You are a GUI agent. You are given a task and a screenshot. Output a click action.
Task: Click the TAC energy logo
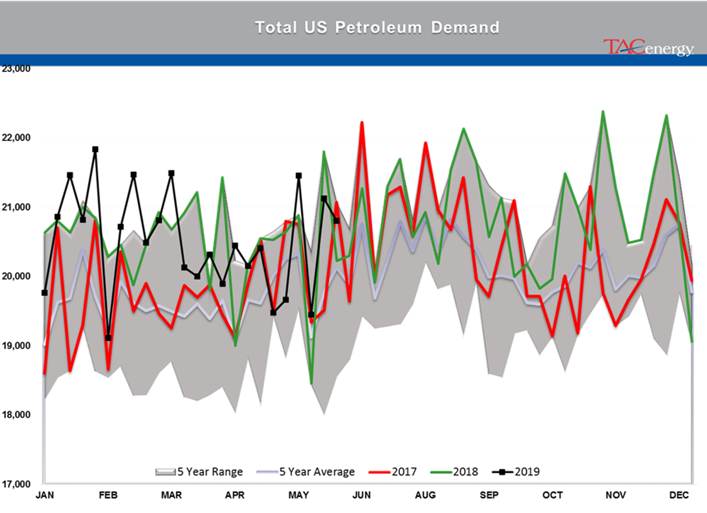[648, 48]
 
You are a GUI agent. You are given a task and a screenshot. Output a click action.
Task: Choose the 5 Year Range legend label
[210, 472]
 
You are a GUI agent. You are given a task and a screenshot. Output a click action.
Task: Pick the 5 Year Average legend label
[317, 472]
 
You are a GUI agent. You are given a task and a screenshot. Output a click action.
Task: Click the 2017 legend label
[404, 472]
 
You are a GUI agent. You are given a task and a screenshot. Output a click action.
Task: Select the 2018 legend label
[465, 472]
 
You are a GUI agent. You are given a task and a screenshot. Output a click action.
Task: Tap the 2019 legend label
[527, 472]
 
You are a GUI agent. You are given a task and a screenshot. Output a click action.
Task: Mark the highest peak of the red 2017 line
[362, 121]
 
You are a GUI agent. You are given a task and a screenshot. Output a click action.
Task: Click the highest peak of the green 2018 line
[603, 111]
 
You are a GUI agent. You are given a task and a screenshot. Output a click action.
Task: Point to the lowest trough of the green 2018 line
[311, 383]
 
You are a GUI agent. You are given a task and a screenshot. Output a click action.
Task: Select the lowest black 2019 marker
[108, 338]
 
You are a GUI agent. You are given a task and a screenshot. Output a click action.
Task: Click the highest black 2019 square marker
[324, 198]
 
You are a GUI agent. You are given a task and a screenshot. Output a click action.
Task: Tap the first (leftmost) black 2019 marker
[45, 292]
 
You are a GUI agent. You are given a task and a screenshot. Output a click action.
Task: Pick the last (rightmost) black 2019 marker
[336, 221]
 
